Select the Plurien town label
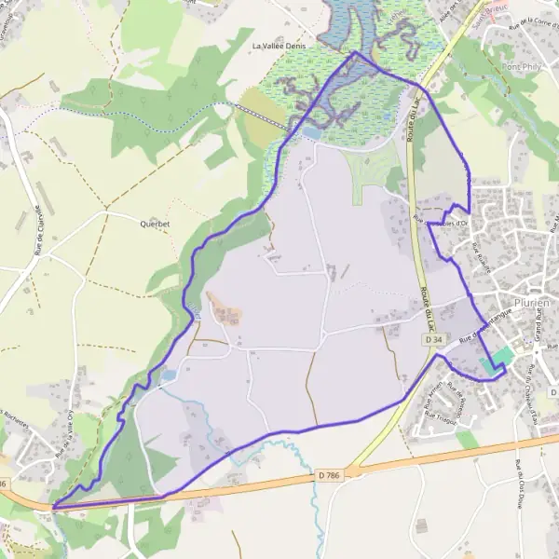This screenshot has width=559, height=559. click(530, 304)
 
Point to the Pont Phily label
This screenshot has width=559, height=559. click(523, 67)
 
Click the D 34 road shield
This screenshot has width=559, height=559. click(433, 341)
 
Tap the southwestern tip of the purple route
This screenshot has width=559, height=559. click(54, 507)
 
